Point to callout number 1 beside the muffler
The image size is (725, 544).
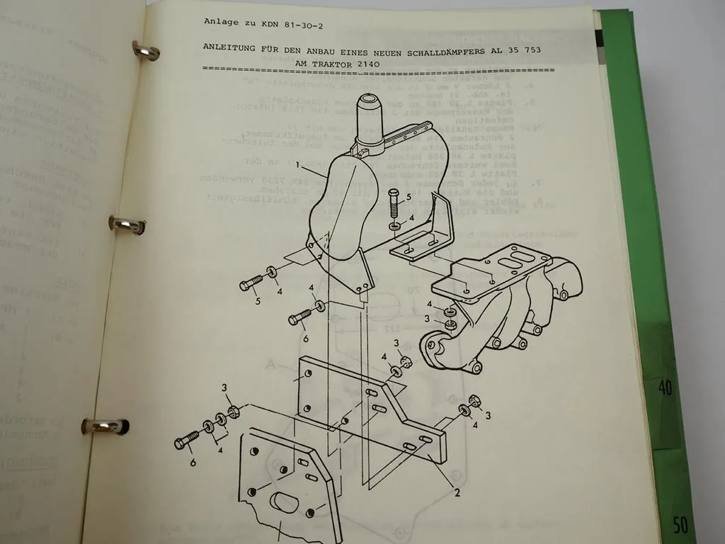[299, 166]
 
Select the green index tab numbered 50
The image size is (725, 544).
[680, 525]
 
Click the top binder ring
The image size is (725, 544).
[145, 51]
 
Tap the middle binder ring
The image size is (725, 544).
[127, 225]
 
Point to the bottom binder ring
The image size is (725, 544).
[104, 426]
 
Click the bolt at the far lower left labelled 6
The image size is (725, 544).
[186, 441]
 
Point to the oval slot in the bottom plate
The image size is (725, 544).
[285, 502]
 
